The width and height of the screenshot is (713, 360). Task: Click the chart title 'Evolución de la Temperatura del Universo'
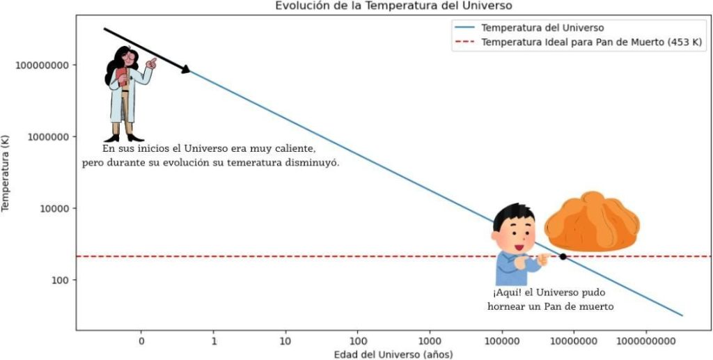click(x=393, y=6)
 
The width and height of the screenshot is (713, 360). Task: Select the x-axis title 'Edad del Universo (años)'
click(x=393, y=354)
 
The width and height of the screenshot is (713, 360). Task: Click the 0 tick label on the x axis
click(x=141, y=341)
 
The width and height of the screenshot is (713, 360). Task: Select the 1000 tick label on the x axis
click(x=430, y=341)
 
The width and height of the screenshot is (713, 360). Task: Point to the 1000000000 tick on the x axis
click(x=646, y=341)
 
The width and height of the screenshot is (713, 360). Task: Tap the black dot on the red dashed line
click(x=563, y=257)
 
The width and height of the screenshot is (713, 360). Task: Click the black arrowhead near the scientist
click(x=185, y=69)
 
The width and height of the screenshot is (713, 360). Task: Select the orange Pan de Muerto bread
click(x=592, y=222)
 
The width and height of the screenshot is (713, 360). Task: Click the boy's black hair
click(x=513, y=217)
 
